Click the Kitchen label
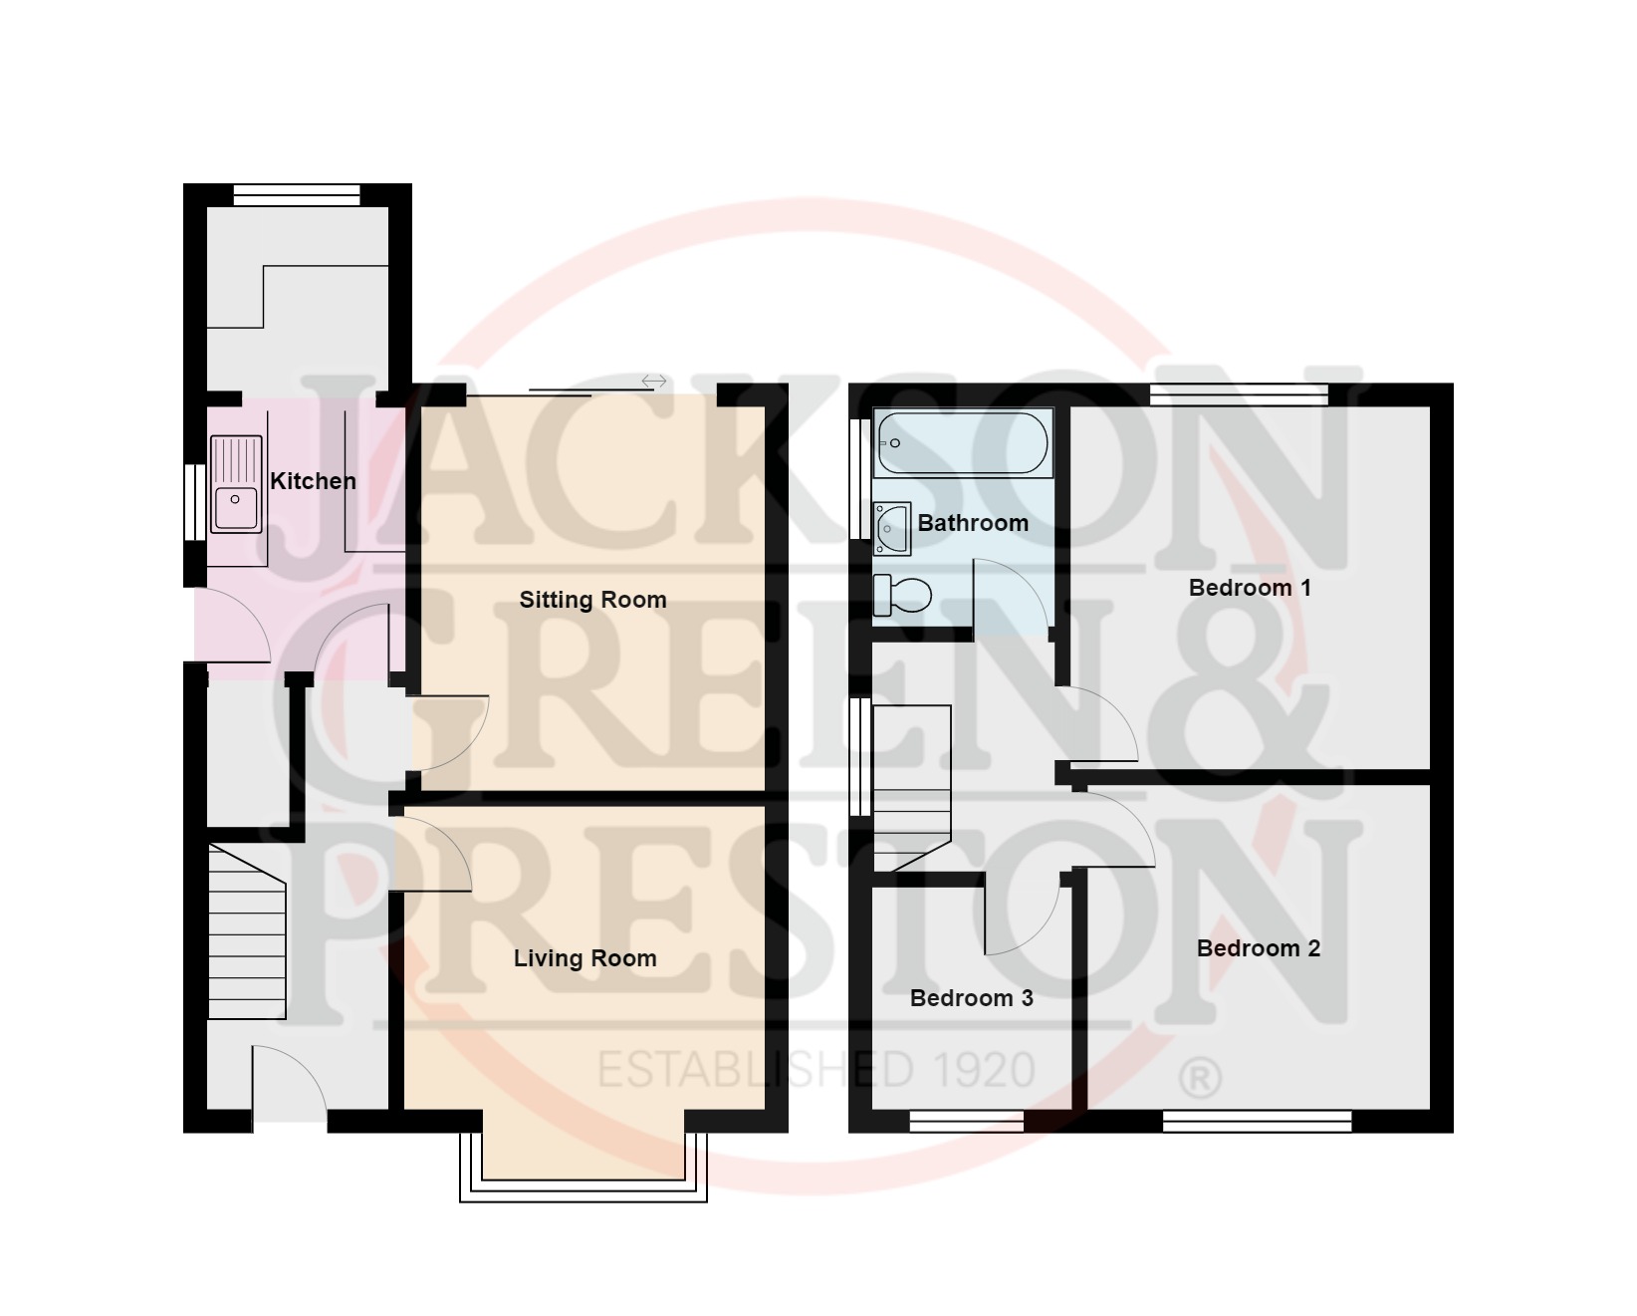313,481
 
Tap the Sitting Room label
592,600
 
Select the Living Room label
585,958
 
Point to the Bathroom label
972,523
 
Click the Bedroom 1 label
1250,588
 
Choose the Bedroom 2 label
1258,948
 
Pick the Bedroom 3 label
971,998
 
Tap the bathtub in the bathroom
962,443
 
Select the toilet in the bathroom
902,596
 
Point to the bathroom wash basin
892,528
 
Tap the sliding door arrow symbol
653,382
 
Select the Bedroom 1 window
1239,395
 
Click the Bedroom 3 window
966,1122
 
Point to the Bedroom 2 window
1257,1122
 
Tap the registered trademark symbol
1199,1077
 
